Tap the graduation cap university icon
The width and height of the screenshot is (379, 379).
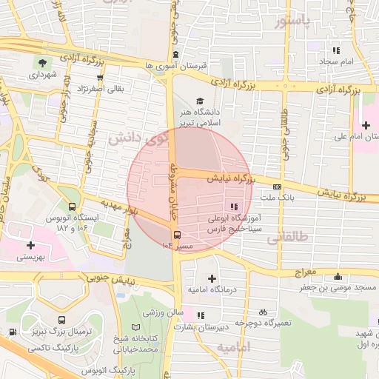(x=199, y=101)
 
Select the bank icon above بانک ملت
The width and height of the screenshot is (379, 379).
(x=278, y=187)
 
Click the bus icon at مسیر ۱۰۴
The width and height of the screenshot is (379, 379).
(x=175, y=235)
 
